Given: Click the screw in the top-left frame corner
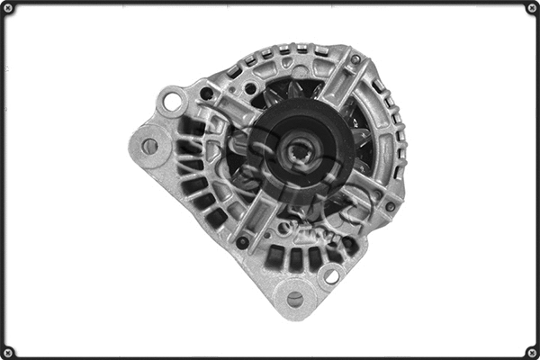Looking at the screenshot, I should [x=9, y=8].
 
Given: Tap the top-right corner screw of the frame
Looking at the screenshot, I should [x=531, y=8].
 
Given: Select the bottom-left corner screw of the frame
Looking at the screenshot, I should [x=9, y=351].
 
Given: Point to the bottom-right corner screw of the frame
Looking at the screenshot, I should [x=531, y=351].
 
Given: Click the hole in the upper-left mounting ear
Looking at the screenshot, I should [x=171, y=100].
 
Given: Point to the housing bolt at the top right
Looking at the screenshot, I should [x=355, y=59].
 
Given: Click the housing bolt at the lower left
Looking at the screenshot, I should [x=242, y=242].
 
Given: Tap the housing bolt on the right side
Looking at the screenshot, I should [x=390, y=206].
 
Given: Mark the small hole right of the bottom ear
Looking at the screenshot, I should [x=331, y=275].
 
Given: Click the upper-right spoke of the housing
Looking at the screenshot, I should [x=342, y=85].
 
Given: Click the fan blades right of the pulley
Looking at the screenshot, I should [x=364, y=144].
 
